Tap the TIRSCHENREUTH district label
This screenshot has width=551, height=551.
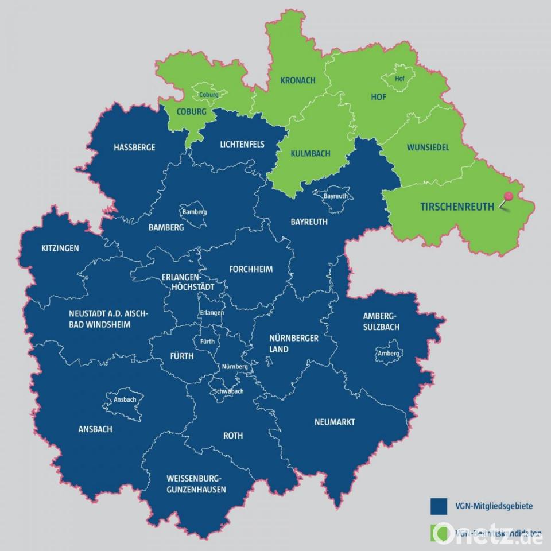coord(457,207)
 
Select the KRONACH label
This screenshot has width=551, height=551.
coord(298,80)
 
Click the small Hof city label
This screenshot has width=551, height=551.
coord(399,79)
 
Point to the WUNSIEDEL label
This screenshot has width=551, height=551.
coord(428,148)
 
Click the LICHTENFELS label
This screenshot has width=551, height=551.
coord(242,144)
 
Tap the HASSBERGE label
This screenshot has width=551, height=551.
coord(134,148)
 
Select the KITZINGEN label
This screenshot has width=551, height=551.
coord(60,249)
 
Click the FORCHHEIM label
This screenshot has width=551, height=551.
coord(251,269)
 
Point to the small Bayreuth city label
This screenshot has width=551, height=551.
coord(336,196)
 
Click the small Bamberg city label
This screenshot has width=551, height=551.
coord(194,212)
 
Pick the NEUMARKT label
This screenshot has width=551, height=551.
coord(335,422)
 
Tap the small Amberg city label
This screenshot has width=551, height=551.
coord(388,354)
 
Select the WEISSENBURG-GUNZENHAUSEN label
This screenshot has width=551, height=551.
coord(196,484)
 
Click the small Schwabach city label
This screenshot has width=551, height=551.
coord(228,391)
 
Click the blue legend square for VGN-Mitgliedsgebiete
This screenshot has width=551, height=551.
coord(439,506)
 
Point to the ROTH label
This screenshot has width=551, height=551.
coord(233,436)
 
